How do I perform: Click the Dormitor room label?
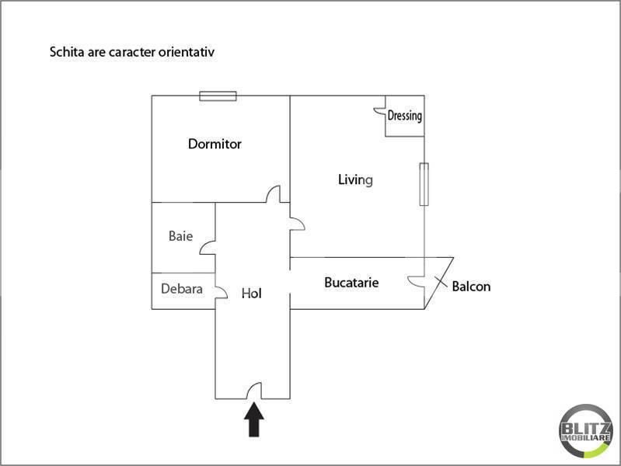point(215,144)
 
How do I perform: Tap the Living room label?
point(355,179)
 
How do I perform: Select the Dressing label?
point(404,116)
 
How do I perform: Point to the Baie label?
point(180,236)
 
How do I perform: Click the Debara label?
point(182,289)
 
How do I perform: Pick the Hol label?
point(252,294)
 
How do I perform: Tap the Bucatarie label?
point(351,282)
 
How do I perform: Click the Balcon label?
point(471,287)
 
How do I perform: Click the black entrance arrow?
point(254,419)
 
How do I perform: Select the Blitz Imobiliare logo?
point(585,431)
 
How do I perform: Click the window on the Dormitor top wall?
point(218,96)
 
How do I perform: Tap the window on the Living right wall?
point(424,184)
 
